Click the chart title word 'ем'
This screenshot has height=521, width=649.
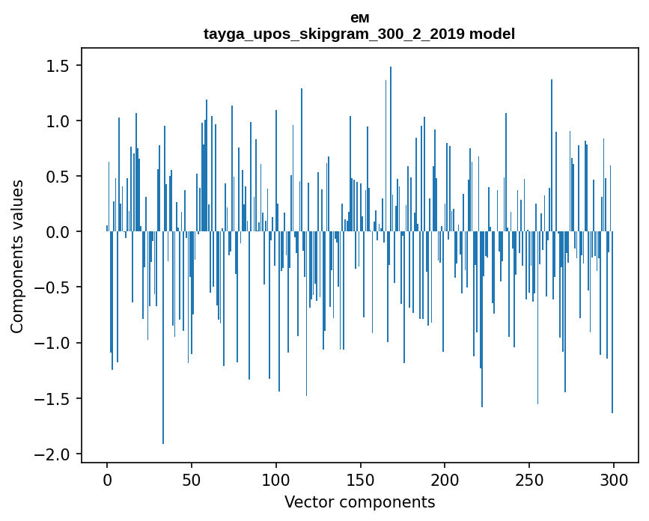pyautogui.click(x=359, y=18)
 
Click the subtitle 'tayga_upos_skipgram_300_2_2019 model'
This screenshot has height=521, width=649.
pyautogui.click(x=359, y=34)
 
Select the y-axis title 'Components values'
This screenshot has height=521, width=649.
pyautogui.click(x=17, y=256)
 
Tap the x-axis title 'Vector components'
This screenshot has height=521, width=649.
pyautogui.click(x=359, y=502)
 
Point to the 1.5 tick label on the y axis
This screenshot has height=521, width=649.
pyautogui.click(x=57, y=66)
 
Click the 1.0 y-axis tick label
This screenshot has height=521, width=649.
pyautogui.click(x=57, y=121)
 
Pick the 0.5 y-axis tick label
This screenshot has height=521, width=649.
pyautogui.click(x=57, y=177)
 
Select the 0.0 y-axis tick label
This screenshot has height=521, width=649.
pyautogui.click(x=57, y=232)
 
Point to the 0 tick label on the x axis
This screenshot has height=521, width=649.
pyautogui.click(x=107, y=478)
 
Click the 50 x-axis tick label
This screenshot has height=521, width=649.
pyautogui.click(x=192, y=478)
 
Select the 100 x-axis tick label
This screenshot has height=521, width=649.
pyautogui.click(x=276, y=478)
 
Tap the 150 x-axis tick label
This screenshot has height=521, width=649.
pyautogui.click(x=361, y=478)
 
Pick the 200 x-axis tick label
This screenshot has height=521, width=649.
pyautogui.click(x=445, y=478)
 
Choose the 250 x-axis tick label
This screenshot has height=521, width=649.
pyautogui.click(x=529, y=478)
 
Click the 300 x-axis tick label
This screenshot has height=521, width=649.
pyautogui.click(x=614, y=478)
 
